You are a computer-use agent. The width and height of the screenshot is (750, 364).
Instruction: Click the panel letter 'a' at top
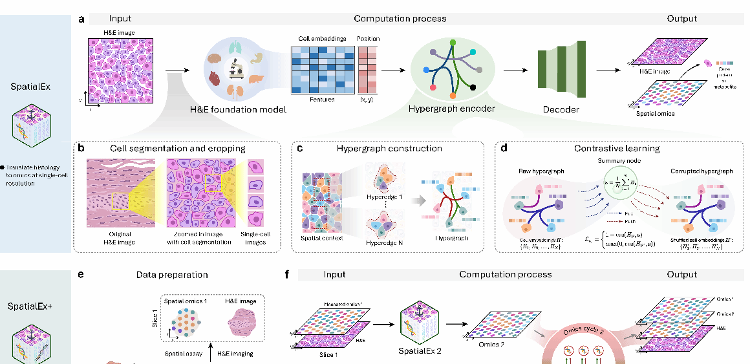(x=81, y=19)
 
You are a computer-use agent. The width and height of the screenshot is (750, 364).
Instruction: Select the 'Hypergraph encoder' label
(x=451, y=109)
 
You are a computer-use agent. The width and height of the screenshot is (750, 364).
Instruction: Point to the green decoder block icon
(x=553, y=69)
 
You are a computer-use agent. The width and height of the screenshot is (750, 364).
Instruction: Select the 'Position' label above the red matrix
(x=368, y=39)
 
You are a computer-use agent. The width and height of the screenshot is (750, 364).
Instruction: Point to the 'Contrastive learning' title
(x=617, y=148)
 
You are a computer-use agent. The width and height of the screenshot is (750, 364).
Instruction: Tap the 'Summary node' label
(x=616, y=160)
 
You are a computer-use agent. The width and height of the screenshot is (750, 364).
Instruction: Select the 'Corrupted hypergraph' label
(x=702, y=171)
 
